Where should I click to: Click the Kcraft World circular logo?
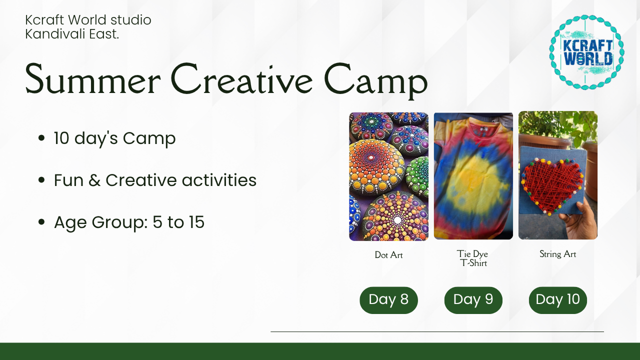(x=586, y=52)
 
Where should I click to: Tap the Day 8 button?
(x=388, y=300)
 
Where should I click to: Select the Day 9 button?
(x=473, y=300)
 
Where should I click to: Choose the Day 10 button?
(x=557, y=300)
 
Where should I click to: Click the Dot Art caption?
(x=388, y=255)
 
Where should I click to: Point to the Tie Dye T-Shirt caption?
(x=473, y=258)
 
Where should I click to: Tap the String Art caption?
(x=557, y=254)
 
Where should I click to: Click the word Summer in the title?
(x=92, y=79)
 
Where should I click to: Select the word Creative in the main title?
(x=241, y=78)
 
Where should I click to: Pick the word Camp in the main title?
(x=375, y=81)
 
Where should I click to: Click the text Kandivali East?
(x=72, y=34)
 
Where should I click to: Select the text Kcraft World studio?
(x=88, y=20)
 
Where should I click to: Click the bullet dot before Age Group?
(x=41, y=222)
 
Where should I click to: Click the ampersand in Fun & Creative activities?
(x=94, y=180)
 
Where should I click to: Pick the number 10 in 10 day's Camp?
(x=61, y=138)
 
